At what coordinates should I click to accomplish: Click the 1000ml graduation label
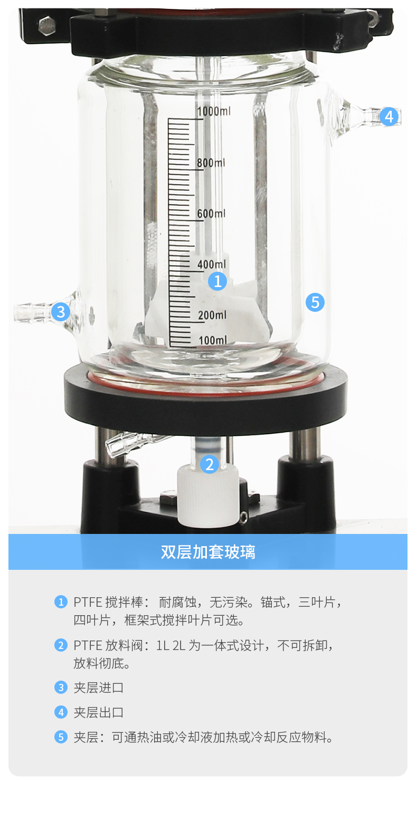point(213,111)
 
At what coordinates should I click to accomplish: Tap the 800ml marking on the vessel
point(211,163)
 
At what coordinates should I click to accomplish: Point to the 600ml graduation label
point(211,213)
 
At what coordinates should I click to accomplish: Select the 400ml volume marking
point(212,264)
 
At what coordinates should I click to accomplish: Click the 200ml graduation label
point(212,315)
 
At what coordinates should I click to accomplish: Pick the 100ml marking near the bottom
point(213,340)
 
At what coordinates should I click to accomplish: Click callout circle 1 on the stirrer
point(217,281)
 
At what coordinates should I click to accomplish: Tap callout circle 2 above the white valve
point(210,464)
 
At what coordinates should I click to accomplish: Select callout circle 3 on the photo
point(61,312)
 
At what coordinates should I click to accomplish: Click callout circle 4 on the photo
point(389,117)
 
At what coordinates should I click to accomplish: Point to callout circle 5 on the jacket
point(315,302)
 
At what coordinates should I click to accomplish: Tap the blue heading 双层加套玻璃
point(208,552)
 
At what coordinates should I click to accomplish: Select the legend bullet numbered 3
point(61,687)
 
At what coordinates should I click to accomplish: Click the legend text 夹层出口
point(98,712)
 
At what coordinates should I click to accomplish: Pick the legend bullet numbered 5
point(61,737)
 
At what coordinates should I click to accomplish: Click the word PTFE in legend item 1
point(87,602)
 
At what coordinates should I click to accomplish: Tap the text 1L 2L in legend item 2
point(170,645)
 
